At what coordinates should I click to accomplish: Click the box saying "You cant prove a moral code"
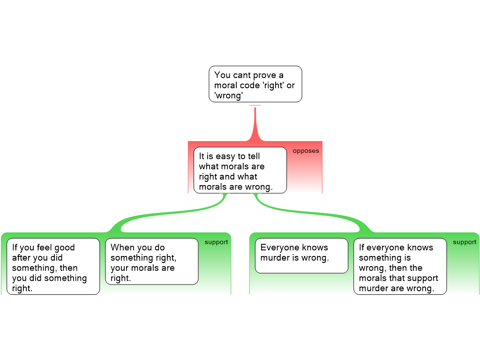pyautogui.click(x=255, y=84)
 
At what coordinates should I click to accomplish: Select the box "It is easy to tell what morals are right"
pyautogui.click(x=240, y=170)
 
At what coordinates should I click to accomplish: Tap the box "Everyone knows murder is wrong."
pyautogui.click(x=301, y=255)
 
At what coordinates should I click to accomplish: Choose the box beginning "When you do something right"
pyautogui.click(x=152, y=262)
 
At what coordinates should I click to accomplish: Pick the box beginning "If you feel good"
pyautogui.click(x=53, y=266)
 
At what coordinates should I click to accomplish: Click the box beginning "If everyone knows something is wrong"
pyautogui.click(x=400, y=266)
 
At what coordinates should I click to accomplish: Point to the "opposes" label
pyautogui.click(x=306, y=151)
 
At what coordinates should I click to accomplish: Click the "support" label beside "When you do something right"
pyautogui.click(x=216, y=242)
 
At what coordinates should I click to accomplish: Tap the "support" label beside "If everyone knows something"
pyautogui.click(x=465, y=242)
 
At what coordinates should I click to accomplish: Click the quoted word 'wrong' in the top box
pyautogui.click(x=228, y=96)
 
